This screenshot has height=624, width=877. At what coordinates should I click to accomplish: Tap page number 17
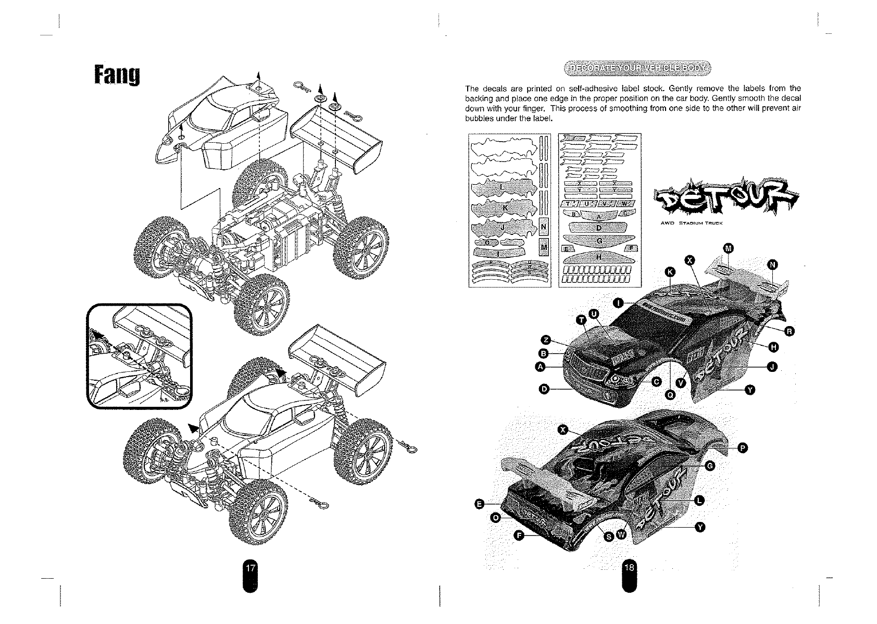tap(250, 568)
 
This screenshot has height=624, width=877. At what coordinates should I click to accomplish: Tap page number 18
tap(629, 568)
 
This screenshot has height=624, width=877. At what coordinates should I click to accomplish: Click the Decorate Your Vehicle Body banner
tap(637, 68)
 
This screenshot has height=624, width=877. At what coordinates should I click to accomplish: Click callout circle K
tap(670, 272)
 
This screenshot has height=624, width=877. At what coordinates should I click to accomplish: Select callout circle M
tap(728, 247)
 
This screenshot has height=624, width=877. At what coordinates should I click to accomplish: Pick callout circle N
tap(773, 266)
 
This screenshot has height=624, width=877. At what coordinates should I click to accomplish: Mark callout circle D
tap(545, 389)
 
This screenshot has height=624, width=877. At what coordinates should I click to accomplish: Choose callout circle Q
tap(671, 395)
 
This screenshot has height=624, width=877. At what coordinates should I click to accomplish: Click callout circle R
tap(789, 331)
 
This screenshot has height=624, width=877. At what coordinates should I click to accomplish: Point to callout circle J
tap(772, 367)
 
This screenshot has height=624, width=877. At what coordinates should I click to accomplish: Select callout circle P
tap(743, 447)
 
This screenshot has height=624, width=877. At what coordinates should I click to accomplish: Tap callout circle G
tap(709, 466)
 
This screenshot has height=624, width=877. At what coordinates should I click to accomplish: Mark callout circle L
tap(699, 501)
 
